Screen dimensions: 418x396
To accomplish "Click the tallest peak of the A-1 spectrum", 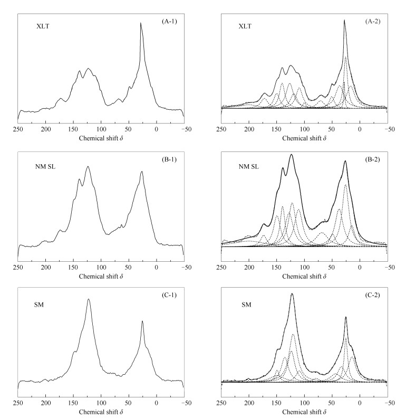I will (141, 23).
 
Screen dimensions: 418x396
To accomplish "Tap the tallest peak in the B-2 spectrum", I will (292, 155).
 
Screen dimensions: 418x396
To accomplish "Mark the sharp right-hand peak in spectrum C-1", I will (142, 321).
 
